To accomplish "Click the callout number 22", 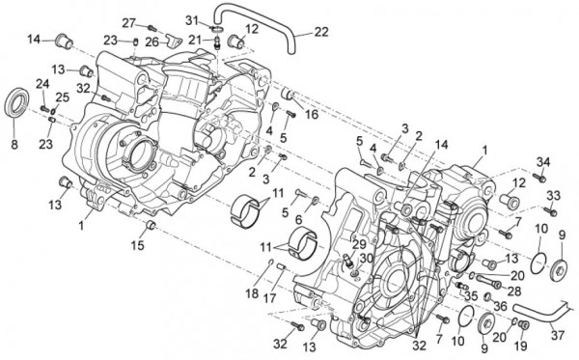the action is click(321, 32).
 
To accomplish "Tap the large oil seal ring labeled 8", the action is click(16, 101).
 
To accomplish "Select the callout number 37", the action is click(558, 335).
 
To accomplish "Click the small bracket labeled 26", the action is click(173, 40).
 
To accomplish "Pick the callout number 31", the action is click(192, 20).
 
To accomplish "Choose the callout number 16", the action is click(312, 114).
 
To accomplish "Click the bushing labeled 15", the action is click(152, 225).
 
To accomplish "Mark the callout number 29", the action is click(359, 244).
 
